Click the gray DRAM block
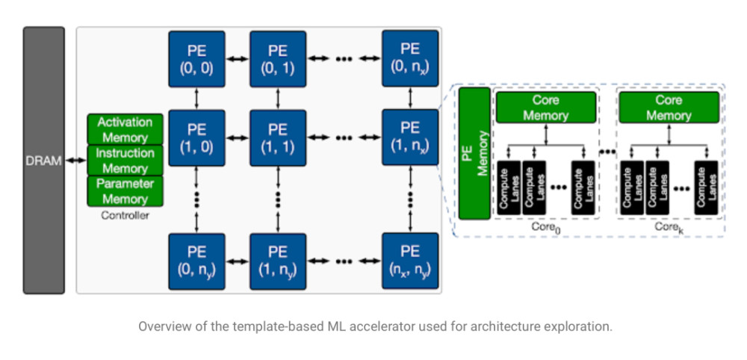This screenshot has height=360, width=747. pyautogui.click(x=44, y=160)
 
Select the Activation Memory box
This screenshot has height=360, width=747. pyautogui.click(x=125, y=129)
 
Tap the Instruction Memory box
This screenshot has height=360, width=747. pyautogui.click(x=125, y=161)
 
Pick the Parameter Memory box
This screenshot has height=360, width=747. pyautogui.click(x=125, y=191)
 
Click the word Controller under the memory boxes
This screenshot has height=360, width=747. pyautogui.click(x=125, y=215)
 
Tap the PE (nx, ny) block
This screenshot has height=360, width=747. pyautogui.click(x=410, y=261)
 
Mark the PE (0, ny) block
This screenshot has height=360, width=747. pyautogui.click(x=196, y=261)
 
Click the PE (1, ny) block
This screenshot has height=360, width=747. pyautogui.click(x=278, y=261)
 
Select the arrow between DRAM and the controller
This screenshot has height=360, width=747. pyautogui.click(x=75, y=161)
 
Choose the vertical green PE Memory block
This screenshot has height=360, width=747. pyautogui.click(x=474, y=153)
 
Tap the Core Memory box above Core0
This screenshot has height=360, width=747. pyautogui.click(x=546, y=108)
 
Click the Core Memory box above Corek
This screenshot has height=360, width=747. pyautogui.click(x=669, y=108)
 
